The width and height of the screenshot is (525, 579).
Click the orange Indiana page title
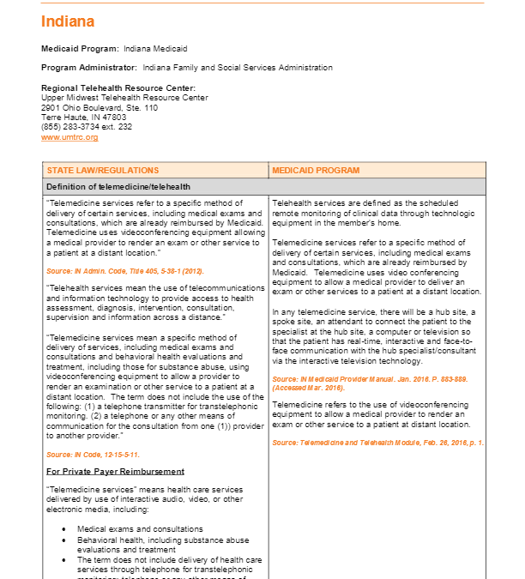click(x=68, y=21)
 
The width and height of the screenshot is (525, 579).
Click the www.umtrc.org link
click(x=69, y=137)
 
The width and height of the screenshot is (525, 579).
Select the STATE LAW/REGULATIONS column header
click(x=102, y=171)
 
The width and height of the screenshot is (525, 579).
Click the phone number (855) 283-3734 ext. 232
click(x=87, y=127)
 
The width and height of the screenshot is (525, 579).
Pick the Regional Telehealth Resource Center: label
click(x=118, y=88)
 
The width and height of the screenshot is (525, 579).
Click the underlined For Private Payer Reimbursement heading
click(x=115, y=472)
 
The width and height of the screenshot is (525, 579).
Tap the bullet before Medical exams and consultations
click(x=64, y=529)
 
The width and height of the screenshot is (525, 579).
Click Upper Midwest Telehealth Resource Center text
click(x=124, y=98)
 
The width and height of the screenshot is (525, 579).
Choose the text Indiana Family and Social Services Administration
click(x=238, y=68)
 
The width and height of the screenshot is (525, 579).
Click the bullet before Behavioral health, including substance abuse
click(x=64, y=540)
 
